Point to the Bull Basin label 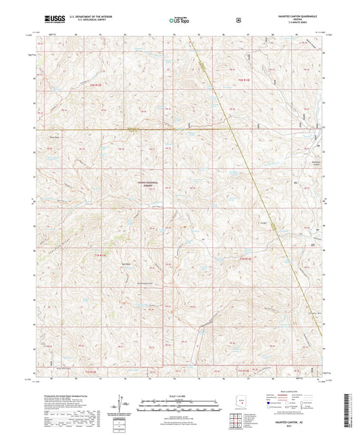pos(126,263)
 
